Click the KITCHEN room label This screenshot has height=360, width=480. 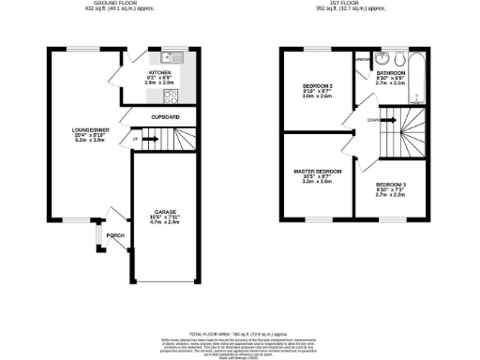point(157,71)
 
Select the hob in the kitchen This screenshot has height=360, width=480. point(172,95)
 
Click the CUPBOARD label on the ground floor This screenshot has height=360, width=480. point(164,117)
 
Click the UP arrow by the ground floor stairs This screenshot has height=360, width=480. point(137,140)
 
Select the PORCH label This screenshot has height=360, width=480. point(114,234)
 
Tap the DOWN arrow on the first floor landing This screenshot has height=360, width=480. point(373,120)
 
